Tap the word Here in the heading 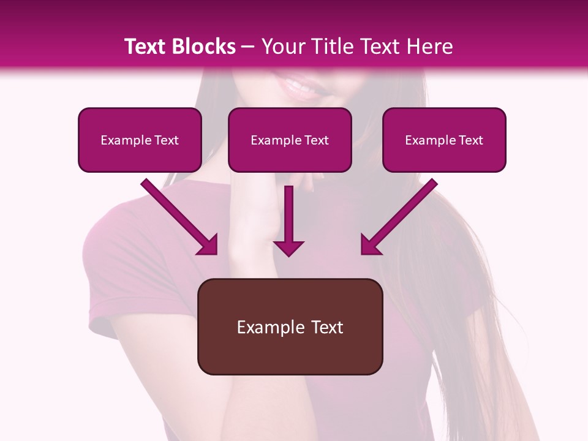pos(428,47)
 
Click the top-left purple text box pos(140,140)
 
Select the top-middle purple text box pos(290,140)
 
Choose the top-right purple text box pos(444,140)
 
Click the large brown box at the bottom pos(290,326)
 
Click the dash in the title pos(248,47)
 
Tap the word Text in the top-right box pos(470,140)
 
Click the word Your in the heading pos(280,47)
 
